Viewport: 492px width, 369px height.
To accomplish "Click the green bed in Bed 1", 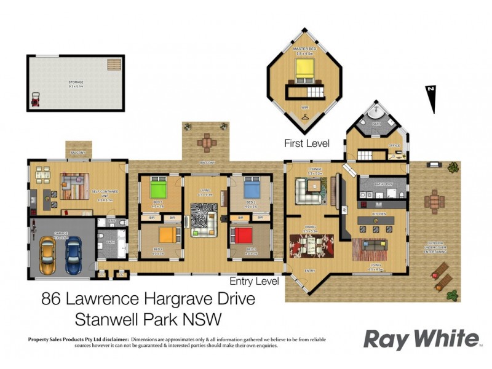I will pyautogui.click(x=157, y=187).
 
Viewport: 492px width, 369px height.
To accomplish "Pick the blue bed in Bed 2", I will pyautogui.click(x=253, y=187).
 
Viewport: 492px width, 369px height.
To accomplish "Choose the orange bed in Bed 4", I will pyautogui.click(x=167, y=236).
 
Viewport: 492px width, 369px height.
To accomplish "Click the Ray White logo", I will pyautogui.click(x=421, y=339).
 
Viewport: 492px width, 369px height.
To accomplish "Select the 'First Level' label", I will pyautogui.click(x=306, y=143).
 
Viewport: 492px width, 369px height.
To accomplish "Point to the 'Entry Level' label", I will pyautogui.click(x=254, y=282).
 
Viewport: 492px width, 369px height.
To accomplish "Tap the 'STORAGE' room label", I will pyautogui.click(x=76, y=82).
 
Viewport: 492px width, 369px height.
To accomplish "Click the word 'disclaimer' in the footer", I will pyautogui.click(x=111, y=339).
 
